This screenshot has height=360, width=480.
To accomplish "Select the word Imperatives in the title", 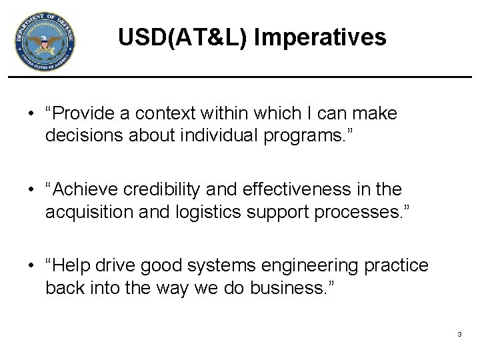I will click(x=319, y=37).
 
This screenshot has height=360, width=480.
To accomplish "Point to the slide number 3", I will click(x=459, y=333).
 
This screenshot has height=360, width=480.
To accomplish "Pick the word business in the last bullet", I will click(x=299, y=288).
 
